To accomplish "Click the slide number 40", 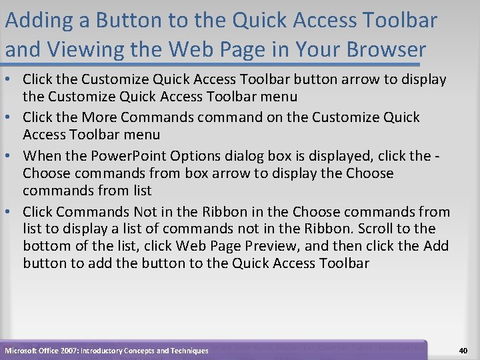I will (x=463, y=350).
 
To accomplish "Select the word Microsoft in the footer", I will (x=23, y=351).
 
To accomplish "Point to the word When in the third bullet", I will (x=41, y=156).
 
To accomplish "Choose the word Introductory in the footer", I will (x=109, y=351).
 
